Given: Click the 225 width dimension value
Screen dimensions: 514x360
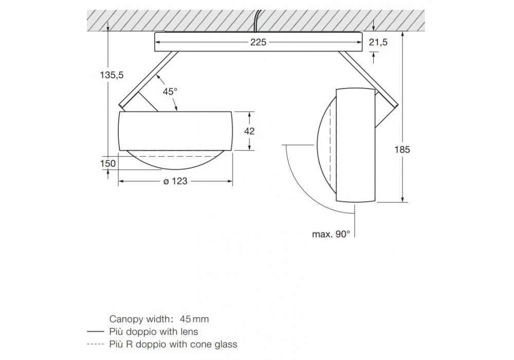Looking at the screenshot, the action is [x=259, y=42].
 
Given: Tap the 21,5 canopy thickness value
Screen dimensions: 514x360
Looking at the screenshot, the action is [x=378, y=42].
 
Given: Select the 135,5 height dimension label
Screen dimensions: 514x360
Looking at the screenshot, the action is [x=112, y=75].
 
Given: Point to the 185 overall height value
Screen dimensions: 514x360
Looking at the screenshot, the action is [x=402, y=150].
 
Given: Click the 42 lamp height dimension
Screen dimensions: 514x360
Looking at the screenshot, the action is [x=249, y=131].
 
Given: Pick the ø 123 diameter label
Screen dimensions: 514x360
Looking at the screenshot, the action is [x=175, y=181].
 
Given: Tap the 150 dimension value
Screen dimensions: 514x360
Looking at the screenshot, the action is [x=108, y=163].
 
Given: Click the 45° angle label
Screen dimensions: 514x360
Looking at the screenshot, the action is [x=170, y=92].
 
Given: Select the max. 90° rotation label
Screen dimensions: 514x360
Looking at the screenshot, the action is [x=331, y=234].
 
